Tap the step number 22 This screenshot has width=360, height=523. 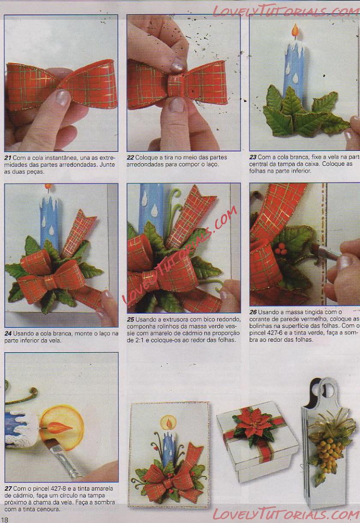click(130, 157)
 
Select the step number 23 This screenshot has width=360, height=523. click(253, 157)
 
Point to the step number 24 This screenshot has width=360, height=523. click(8, 334)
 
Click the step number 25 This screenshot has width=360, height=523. click(131, 319)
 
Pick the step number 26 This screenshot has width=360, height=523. click(253, 312)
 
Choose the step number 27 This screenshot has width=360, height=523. click(8, 488)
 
